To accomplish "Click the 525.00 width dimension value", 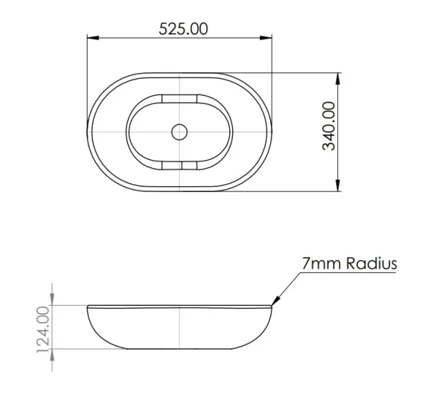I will pos(183,28).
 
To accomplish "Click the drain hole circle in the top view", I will pos(180,131).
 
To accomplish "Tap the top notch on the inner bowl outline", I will pos(180,97).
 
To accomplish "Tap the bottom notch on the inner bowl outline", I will pos(180,167).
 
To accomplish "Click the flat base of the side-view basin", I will pos(180,347).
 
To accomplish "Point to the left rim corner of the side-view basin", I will pos(88,306).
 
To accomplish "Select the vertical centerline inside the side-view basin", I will pos(180,326).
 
